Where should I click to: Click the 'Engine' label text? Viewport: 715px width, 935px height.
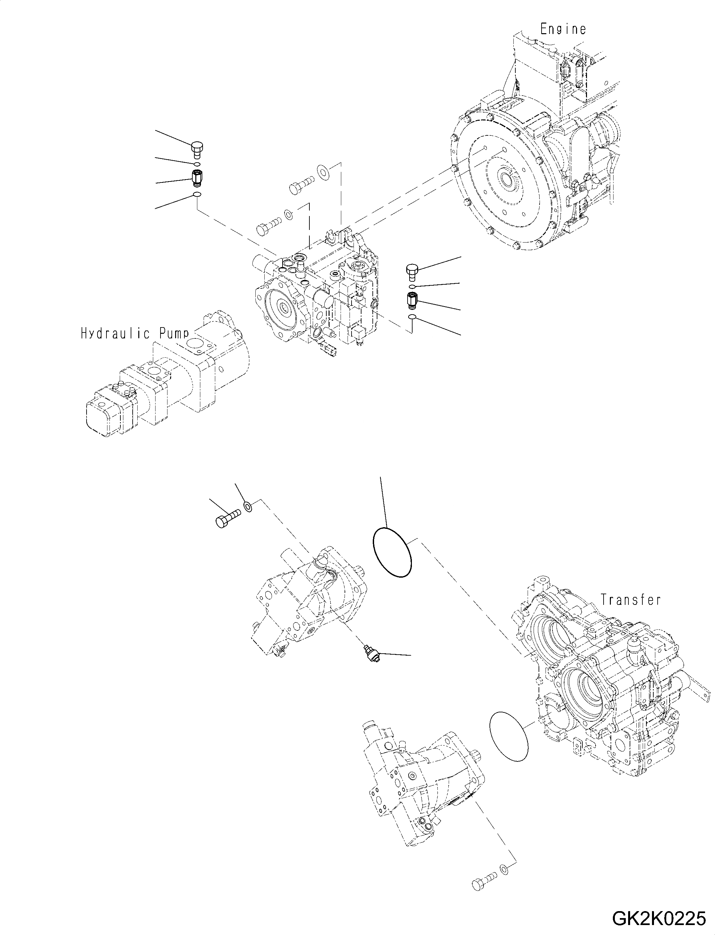(563, 29)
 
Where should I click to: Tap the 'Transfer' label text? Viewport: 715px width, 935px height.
(630, 600)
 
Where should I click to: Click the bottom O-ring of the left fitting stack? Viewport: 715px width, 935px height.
(197, 195)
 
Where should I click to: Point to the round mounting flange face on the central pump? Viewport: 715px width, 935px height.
(282, 306)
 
